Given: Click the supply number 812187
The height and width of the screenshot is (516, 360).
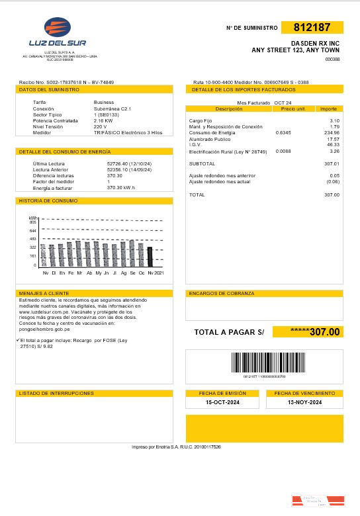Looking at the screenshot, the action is [x=312, y=28].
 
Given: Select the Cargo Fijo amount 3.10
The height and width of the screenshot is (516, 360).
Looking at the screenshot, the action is [x=334, y=120].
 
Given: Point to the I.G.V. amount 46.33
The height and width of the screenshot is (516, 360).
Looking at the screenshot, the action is [x=333, y=144].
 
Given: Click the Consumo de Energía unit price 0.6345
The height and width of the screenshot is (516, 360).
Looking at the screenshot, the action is [x=283, y=132].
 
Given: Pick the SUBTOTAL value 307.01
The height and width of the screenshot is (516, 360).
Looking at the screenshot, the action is [x=332, y=163].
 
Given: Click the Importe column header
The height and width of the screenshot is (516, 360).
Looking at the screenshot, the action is [x=328, y=108].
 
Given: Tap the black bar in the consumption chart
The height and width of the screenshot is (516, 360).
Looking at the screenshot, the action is [x=150, y=256].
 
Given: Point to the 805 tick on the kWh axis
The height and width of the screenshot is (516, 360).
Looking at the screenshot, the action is [x=33, y=222].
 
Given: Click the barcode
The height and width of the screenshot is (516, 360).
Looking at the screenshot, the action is [x=268, y=363].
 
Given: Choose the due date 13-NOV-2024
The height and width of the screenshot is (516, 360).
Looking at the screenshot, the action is [x=305, y=402].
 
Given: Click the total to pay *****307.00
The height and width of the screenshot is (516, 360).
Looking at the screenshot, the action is [x=308, y=332].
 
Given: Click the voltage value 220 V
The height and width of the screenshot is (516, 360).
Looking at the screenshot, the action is [x=101, y=126].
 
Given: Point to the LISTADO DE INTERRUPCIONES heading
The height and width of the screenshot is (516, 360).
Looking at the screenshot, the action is [x=56, y=393].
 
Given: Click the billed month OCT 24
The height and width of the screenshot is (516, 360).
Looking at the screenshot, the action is [x=283, y=103].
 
